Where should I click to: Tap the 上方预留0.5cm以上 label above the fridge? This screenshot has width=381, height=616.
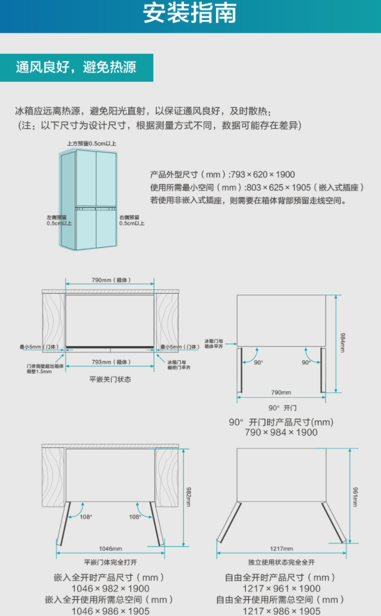tap(92, 144)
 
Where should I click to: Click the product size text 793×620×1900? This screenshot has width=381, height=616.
tap(269, 175)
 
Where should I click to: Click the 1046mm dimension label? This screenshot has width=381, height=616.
tap(110, 548)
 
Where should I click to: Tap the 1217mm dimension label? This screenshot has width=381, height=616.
tap(282, 548)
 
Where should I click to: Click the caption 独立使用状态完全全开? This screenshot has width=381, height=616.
tap(282, 562)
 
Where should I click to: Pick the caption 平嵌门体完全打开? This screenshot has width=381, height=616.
tap(110, 562)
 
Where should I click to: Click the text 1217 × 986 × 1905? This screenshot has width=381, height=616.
tap(281, 611)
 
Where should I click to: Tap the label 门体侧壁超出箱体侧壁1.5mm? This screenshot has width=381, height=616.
tap(39, 368)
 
